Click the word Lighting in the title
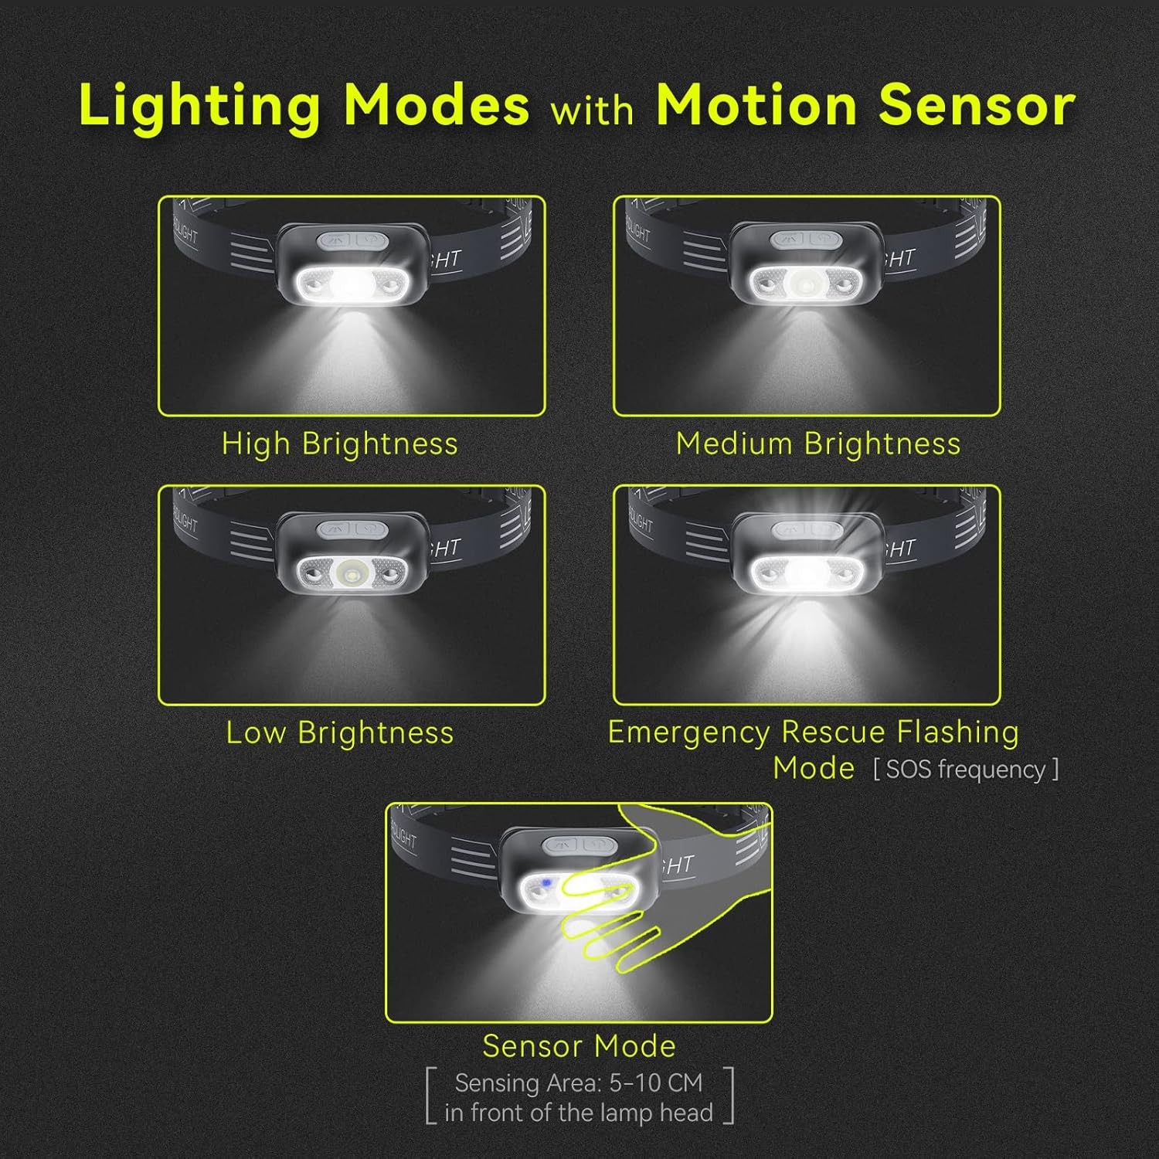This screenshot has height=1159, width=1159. click(200, 106)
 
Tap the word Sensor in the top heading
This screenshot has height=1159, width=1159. click(977, 104)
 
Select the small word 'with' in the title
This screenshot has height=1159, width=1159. click(592, 109)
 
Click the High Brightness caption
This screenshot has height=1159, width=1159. click(340, 444)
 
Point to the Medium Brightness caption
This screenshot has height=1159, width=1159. click(818, 444)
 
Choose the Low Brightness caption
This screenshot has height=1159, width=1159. click(340, 733)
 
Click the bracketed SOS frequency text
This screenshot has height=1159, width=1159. click(966, 770)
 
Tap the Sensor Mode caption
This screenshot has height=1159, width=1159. click(579, 1046)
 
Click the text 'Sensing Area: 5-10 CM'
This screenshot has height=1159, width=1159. click(579, 1083)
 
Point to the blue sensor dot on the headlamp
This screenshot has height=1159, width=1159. click(546, 882)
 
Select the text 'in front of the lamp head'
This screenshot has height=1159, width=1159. click(579, 1113)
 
